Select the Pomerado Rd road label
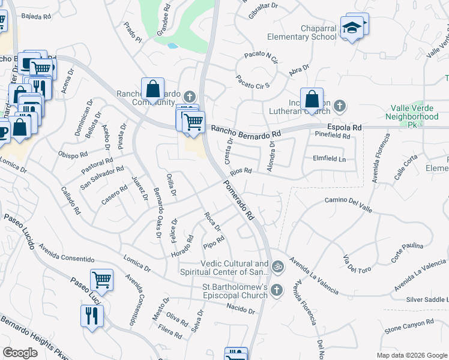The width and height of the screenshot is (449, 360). [x=240, y=200]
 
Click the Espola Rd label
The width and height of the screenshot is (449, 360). [x=345, y=127]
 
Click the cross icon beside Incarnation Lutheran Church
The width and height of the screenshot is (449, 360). [x=340, y=107]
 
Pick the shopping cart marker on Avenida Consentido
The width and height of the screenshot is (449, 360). [x=101, y=279]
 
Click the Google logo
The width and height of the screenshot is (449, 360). [x=20, y=352]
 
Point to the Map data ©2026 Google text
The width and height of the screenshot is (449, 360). [x=411, y=355]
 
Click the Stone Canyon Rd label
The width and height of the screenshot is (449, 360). [x=409, y=325]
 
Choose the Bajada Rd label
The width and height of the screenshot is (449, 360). [x=36, y=16]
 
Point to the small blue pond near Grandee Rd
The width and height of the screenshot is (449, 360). [x=173, y=45]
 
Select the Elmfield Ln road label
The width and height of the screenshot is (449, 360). [x=330, y=159]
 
